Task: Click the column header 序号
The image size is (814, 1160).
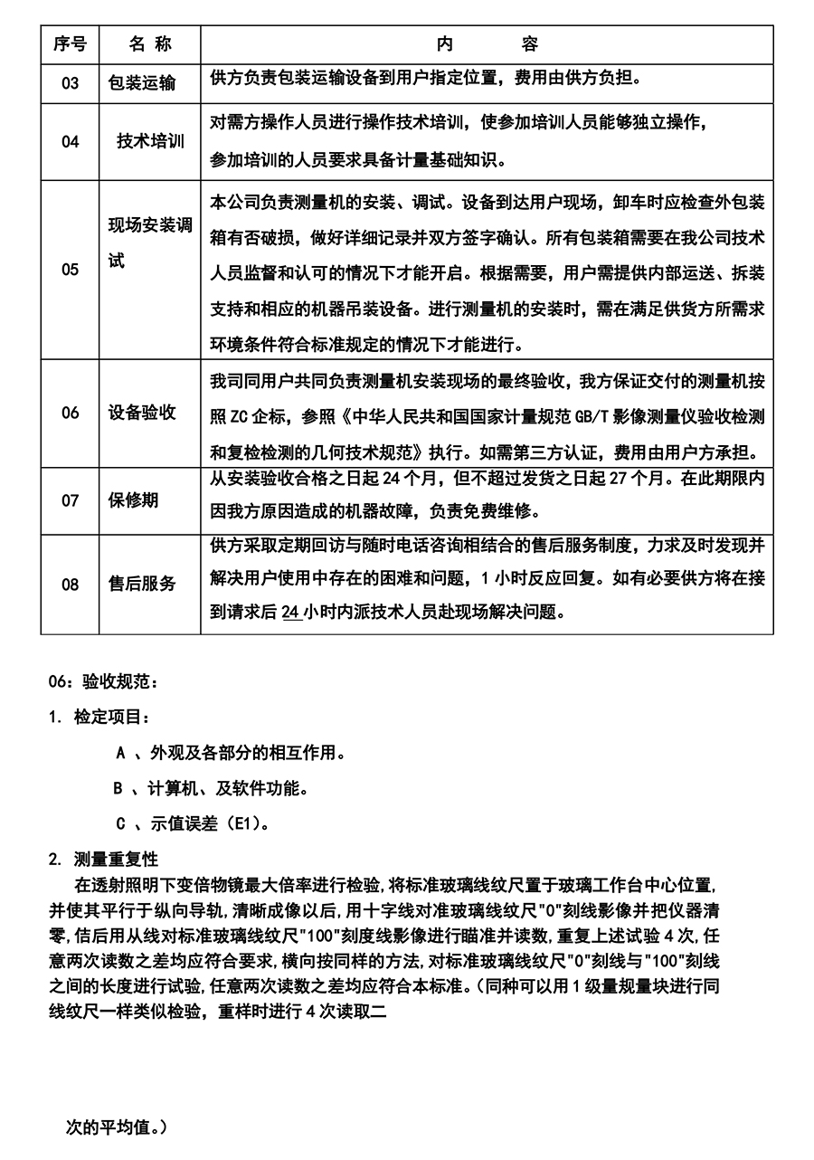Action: pos(70,44)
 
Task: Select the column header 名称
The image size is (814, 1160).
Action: pos(149,44)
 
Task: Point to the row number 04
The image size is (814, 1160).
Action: pos(70,142)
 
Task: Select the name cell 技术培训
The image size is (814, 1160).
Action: pos(150,142)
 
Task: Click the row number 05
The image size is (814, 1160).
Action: pos(70,270)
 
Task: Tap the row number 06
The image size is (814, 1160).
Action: pos(70,414)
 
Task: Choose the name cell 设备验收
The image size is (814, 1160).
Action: pos(141,414)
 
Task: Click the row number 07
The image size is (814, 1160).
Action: pos(70,500)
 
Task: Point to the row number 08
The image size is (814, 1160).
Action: pos(70,585)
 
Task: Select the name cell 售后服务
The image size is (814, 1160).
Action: pos(141,585)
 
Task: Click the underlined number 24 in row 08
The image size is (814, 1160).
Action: pos(291,612)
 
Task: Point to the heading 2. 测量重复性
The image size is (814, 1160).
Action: pos(103,860)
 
